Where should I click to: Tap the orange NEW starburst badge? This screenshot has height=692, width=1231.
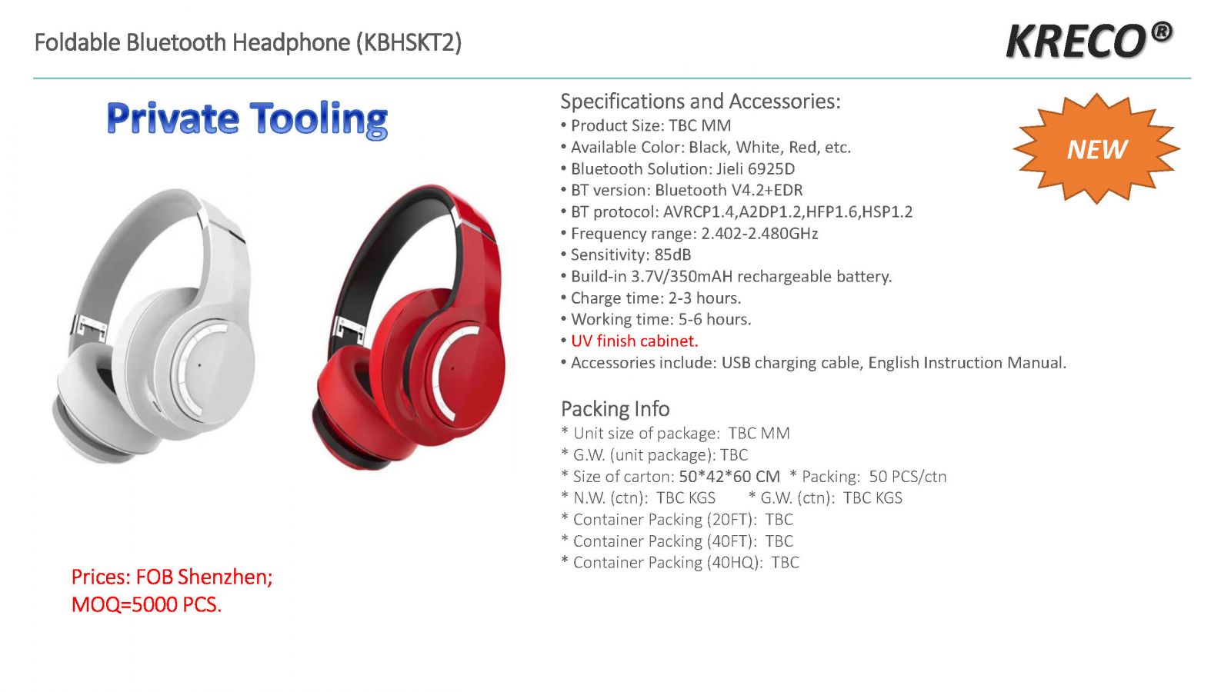(x=1096, y=148)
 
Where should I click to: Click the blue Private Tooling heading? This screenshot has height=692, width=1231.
(x=247, y=119)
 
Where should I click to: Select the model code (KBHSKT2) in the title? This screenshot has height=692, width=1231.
(x=409, y=43)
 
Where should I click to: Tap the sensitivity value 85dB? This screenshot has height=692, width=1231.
(x=672, y=255)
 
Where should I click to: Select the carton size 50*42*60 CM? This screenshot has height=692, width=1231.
(x=730, y=476)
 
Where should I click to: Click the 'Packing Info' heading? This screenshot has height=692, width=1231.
(x=615, y=409)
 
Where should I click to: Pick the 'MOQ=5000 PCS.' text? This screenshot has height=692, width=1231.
(x=147, y=604)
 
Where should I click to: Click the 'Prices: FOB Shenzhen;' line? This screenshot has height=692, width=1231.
(x=172, y=577)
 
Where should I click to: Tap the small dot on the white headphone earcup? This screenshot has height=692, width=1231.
(x=199, y=364)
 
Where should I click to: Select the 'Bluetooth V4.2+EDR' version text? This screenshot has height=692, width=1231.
(x=729, y=190)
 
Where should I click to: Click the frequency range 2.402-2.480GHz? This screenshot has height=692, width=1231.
(x=759, y=234)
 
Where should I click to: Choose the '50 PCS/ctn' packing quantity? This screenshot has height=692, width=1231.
(x=908, y=476)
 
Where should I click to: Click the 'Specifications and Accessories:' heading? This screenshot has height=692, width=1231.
(x=701, y=101)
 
